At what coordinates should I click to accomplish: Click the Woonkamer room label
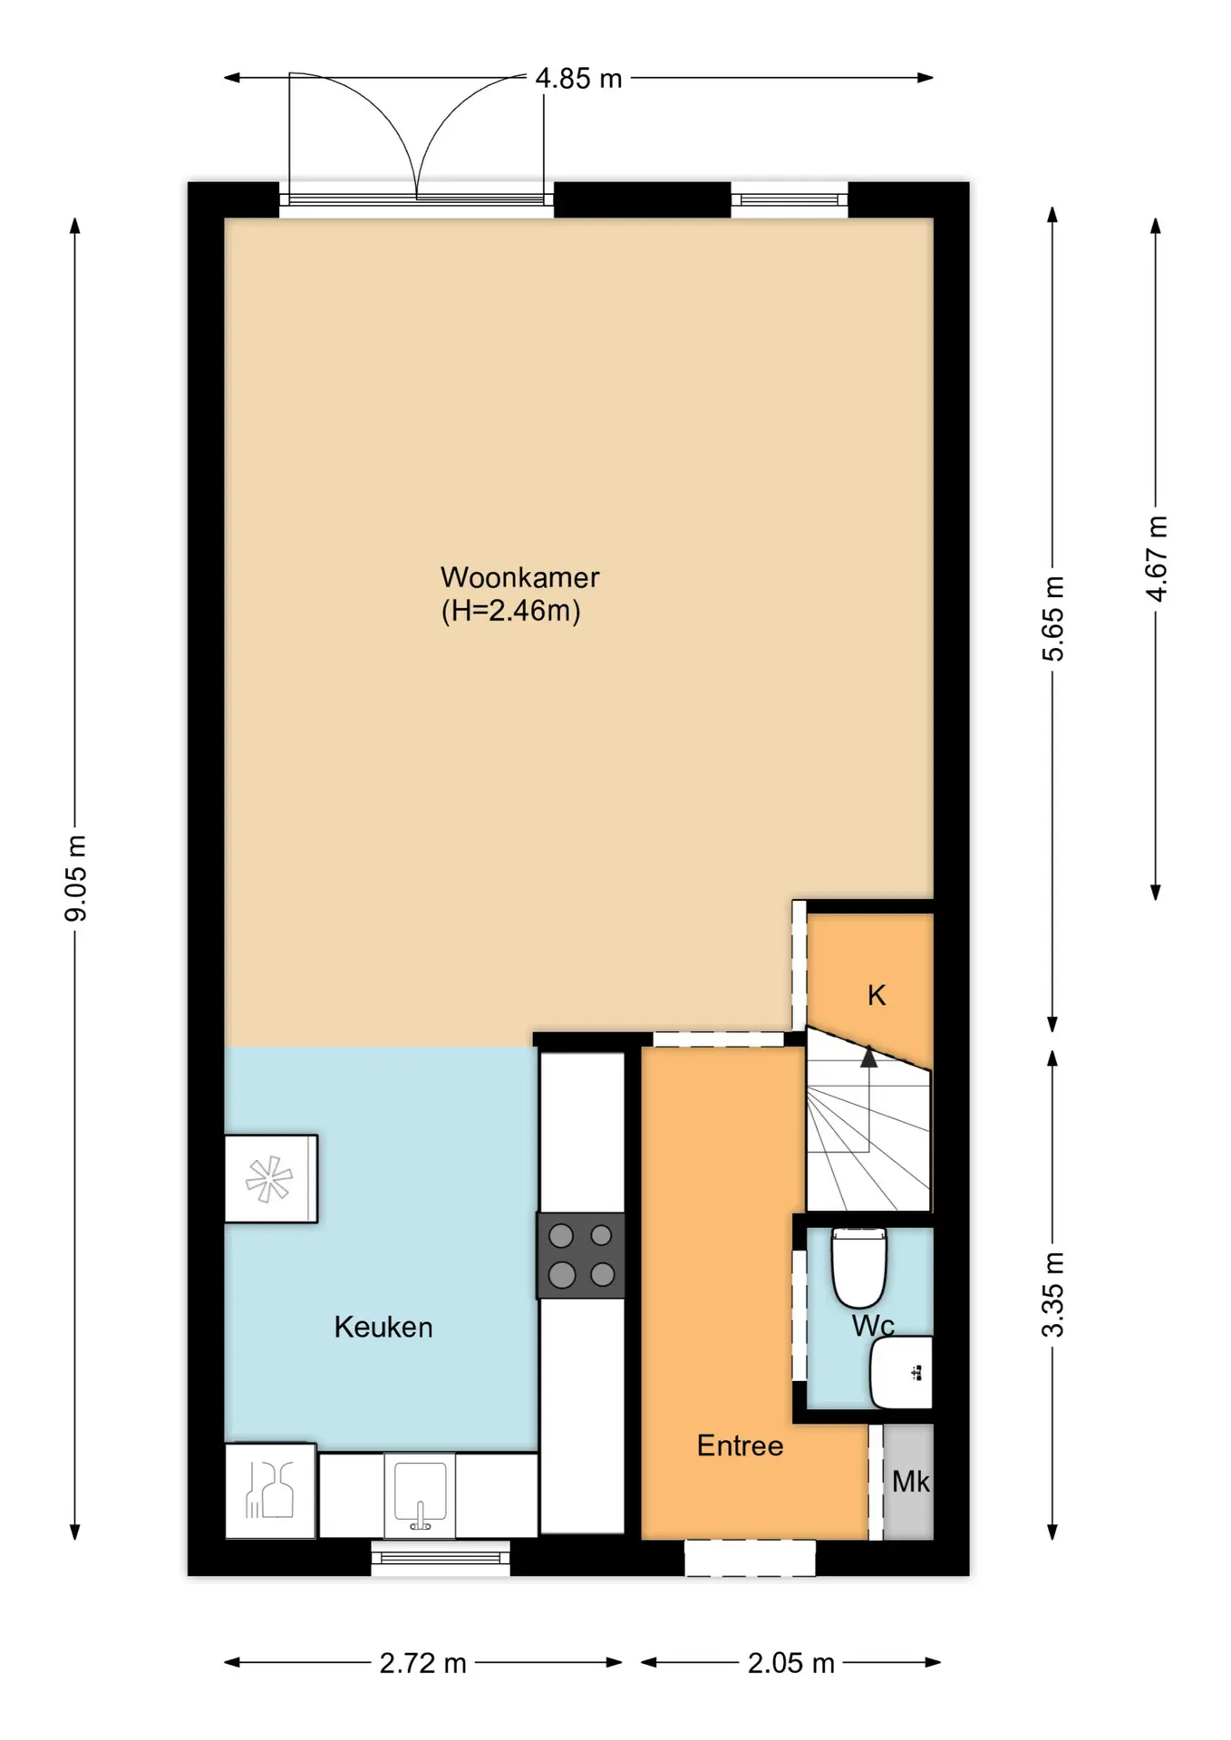point(519,577)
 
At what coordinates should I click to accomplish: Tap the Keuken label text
point(383,1327)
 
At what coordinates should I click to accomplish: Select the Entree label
point(740,1445)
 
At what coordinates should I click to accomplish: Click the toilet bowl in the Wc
point(858,1267)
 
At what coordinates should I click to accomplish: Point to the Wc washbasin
point(901,1372)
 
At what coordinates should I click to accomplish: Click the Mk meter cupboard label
point(910,1482)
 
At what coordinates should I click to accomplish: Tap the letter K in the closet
point(876,995)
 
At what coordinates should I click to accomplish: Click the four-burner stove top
point(581,1255)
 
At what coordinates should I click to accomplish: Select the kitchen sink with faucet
point(419,1495)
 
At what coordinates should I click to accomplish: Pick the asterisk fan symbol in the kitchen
point(269,1179)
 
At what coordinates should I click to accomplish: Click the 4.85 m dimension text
point(578,79)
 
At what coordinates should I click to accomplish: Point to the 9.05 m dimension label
point(76,878)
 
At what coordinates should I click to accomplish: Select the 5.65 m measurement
point(1052,619)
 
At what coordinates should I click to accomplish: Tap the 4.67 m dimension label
point(1156,558)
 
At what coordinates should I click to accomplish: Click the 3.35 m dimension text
point(1052,1294)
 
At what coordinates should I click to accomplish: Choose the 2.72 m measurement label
point(422,1663)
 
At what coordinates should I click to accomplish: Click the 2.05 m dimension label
point(790,1663)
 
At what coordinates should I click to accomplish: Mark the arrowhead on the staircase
point(868,1056)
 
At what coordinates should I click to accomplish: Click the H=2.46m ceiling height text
point(510,611)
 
